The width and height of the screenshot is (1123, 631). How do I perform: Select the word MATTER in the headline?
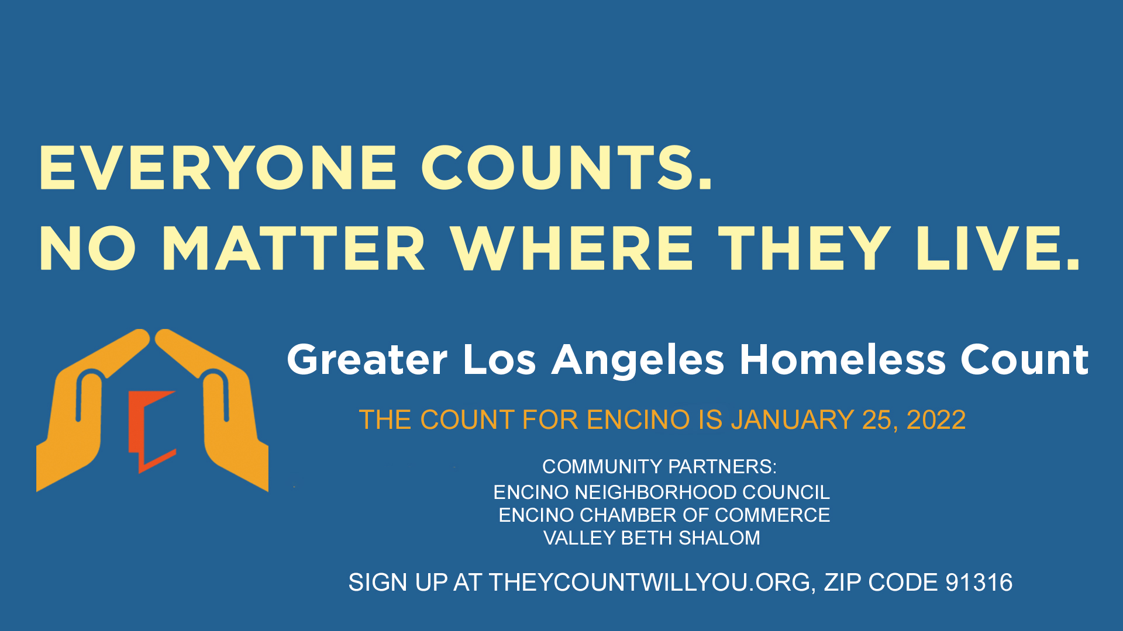(293, 249)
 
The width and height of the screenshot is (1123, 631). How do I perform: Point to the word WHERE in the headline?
(571, 249)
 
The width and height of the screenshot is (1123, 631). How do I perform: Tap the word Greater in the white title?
(367, 360)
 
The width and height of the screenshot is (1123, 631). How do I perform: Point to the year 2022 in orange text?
(936, 420)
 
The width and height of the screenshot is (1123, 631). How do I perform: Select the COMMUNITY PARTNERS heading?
(659, 467)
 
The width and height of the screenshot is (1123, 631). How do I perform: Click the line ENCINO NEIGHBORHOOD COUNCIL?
(662, 493)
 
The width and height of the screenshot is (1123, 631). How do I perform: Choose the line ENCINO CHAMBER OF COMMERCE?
(664, 515)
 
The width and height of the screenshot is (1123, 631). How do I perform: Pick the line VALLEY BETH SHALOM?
(652, 538)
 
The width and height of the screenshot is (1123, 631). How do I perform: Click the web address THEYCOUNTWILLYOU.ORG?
(649, 583)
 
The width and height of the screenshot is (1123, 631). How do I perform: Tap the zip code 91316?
(979, 583)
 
